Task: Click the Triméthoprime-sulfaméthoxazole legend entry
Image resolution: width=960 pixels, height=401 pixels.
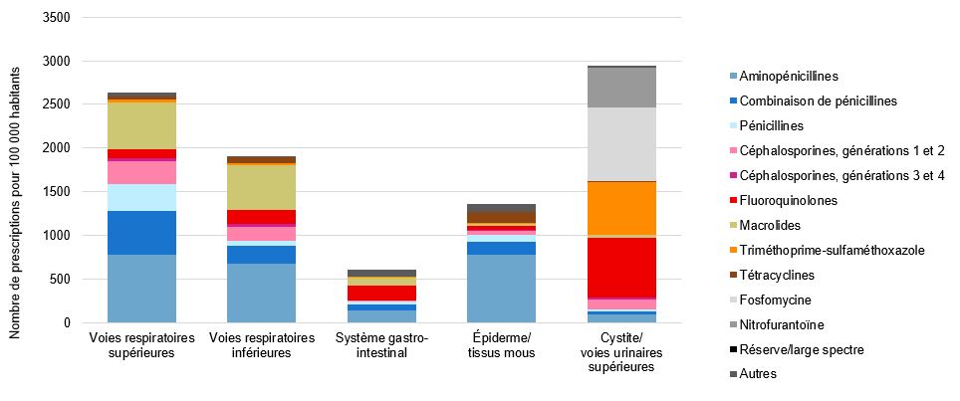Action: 831,250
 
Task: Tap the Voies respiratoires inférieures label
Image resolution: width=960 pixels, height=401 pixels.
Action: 262,345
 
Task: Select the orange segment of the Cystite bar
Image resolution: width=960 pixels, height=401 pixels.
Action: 621,208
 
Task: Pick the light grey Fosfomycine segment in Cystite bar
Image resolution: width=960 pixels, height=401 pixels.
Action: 621,144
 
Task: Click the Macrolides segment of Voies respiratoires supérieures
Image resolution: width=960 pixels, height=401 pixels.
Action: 141,125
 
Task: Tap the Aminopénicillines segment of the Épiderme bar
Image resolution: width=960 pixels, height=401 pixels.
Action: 501,289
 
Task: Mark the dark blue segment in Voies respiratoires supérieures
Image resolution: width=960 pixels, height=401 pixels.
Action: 141,233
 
